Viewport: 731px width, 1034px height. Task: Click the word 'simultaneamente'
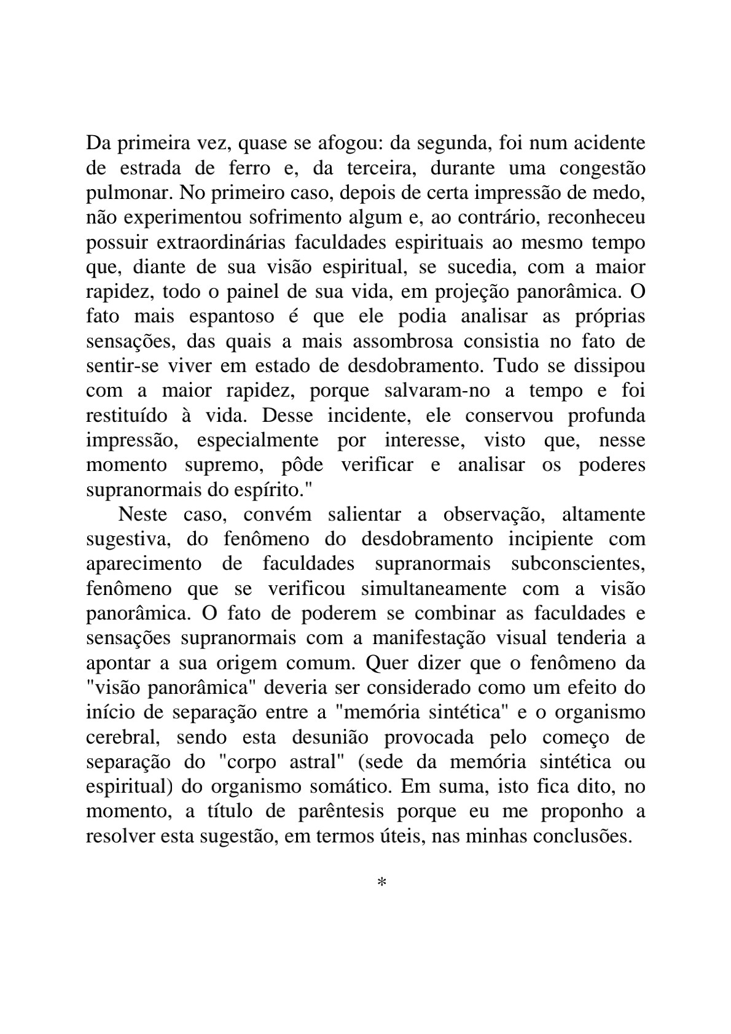(434, 589)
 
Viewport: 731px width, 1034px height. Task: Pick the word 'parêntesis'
(341, 812)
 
